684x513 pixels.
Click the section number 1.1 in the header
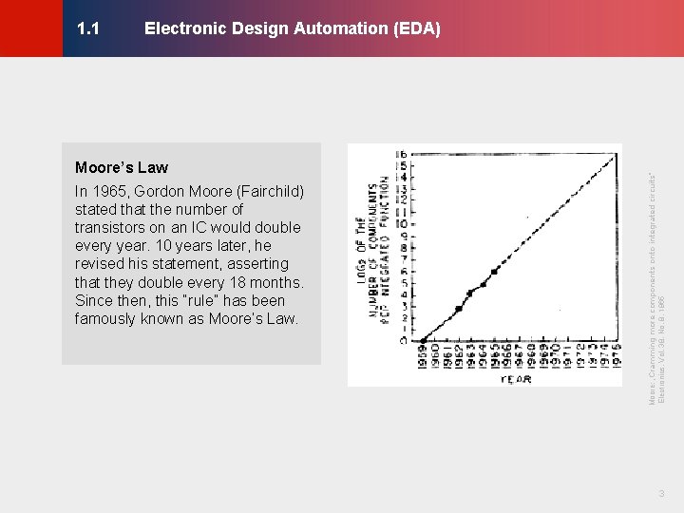click(x=88, y=28)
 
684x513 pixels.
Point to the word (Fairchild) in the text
click(x=269, y=191)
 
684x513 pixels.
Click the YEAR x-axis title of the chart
click(x=516, y=379)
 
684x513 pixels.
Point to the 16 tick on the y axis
click(x=402, y=153)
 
